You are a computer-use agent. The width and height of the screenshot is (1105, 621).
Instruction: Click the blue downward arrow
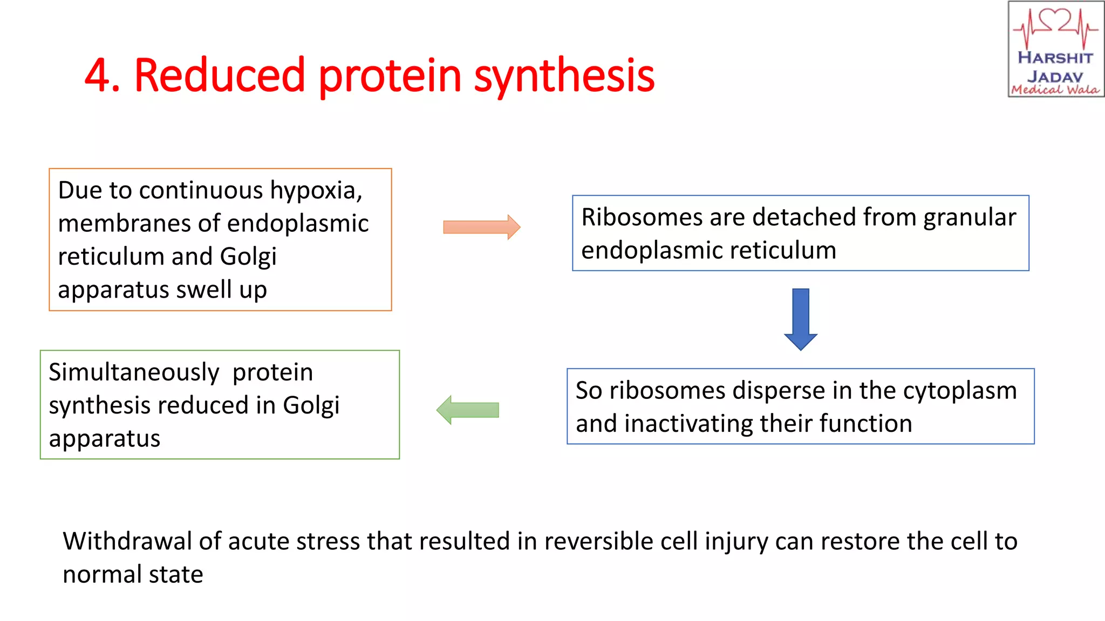pos(801,319)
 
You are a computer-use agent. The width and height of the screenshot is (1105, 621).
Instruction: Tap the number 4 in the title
pos(98,75)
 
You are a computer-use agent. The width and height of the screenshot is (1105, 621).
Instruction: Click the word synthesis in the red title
pos(564,75)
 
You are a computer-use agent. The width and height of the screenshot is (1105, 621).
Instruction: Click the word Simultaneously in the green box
pos(134,372)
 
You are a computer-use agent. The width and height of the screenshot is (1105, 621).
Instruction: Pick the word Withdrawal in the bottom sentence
pos(127,541)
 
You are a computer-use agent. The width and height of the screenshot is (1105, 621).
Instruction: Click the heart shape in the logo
pos(1055,20)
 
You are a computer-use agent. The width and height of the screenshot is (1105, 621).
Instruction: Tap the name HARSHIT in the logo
pos(1055,58)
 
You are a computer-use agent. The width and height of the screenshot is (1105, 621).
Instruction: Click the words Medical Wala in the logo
pos(1055,89)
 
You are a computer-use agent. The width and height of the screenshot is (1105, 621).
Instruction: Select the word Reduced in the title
pos(220,75)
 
